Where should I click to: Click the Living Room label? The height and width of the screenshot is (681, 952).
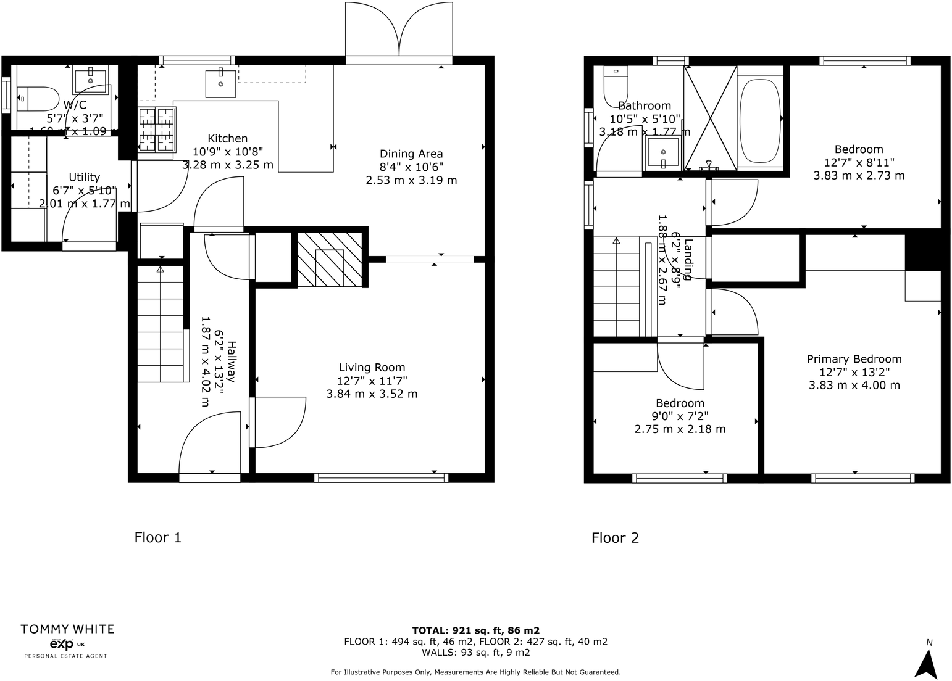(372, 368)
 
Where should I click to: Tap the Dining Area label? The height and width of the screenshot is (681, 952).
(411, 154)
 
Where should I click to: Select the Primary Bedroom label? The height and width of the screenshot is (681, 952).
(854, 359)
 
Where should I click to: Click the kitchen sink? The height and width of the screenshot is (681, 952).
(220, 83)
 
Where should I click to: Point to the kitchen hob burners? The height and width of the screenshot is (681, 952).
(156, 130)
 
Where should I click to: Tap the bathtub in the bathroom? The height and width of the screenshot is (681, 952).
(759, 120)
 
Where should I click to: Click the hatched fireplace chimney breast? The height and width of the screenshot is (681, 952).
(329, 260)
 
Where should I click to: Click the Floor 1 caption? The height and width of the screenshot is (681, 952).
(158, 537)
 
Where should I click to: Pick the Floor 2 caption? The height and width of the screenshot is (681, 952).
(615, 538)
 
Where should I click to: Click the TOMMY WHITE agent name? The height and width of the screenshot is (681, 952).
(67, 629)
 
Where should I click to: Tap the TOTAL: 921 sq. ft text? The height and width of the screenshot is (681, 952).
(475, 630)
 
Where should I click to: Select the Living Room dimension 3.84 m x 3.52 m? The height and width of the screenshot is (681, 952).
(372, 394)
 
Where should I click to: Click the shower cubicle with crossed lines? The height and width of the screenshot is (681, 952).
(711, 118)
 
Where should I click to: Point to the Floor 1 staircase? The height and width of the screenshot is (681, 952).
(161, 324)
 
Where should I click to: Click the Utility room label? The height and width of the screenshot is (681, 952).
(84, 178)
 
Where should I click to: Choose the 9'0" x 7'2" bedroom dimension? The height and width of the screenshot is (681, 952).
(680, 416)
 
